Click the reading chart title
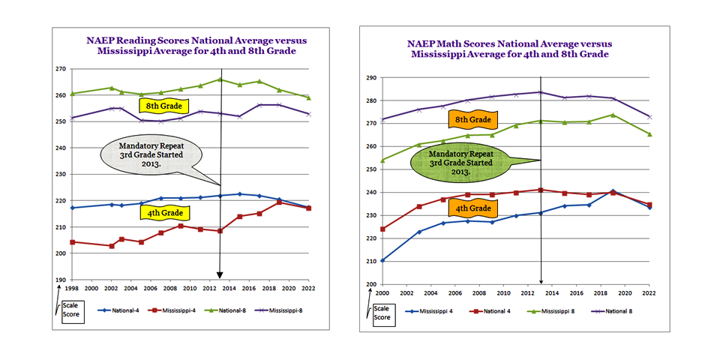coord(185,45)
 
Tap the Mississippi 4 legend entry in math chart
coord(435,310)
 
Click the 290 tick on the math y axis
coord(370,77)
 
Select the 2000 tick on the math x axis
coord(382,292)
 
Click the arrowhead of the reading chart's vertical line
coord(220,275)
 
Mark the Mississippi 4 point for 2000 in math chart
coord(382,260)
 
